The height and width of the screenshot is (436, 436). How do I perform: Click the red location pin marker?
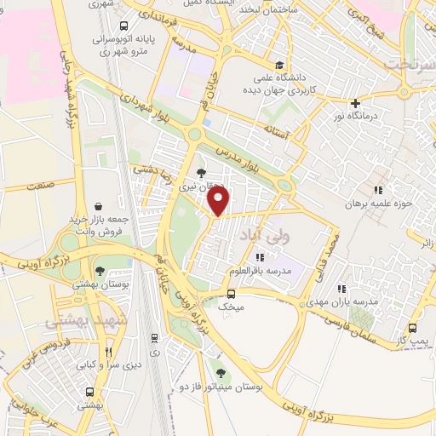[x=220, y=202]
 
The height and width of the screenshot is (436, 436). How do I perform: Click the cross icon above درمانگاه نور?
[x=355, y=103]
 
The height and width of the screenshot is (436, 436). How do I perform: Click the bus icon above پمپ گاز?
[x=412, y=328]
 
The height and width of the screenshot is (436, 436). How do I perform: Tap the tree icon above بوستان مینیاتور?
[x=221, y=373]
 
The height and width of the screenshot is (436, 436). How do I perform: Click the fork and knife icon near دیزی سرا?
[x=108, y=352]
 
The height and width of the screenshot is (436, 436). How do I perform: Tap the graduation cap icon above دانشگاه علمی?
[x=280, y=64]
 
